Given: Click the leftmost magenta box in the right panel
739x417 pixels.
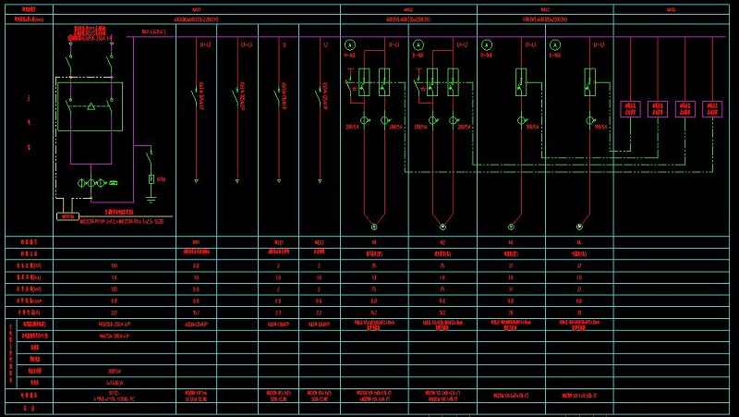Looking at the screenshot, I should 631,108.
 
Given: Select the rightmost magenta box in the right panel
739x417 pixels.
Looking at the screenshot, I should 712,108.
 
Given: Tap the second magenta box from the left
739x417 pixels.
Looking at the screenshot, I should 658,108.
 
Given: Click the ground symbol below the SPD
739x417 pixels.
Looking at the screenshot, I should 151,196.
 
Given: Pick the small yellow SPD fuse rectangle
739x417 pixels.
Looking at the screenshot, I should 151,178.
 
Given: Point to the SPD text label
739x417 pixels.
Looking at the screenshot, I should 162,178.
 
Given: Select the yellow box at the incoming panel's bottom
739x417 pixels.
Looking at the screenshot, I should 67,216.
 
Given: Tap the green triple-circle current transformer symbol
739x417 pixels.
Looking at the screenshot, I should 90,183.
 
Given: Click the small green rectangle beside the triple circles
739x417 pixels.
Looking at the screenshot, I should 114,183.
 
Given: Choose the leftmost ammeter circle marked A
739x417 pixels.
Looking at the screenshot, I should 350,44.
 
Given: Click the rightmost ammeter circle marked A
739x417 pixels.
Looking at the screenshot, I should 553,44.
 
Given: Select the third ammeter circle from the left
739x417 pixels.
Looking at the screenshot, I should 486,44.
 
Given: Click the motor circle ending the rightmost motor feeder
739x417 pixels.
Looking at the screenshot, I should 579,226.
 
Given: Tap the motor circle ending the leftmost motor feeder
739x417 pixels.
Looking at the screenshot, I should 374,226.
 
